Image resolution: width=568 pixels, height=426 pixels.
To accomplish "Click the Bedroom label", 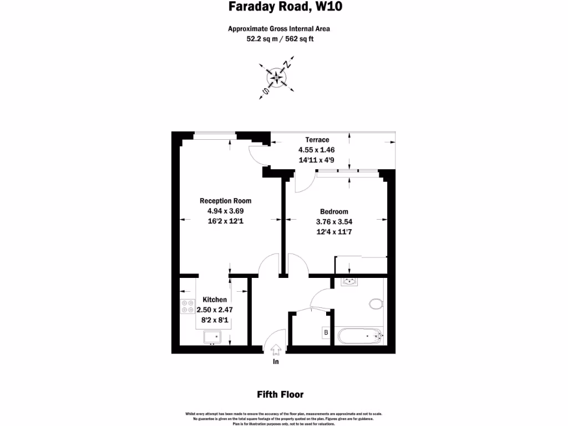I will (x=334, y=211).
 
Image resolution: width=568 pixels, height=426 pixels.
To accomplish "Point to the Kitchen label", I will (x=215, y=300).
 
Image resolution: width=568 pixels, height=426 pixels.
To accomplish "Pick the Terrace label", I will (x=317, y=140).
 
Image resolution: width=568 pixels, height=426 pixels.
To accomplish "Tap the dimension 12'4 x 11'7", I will (x=334, y=232).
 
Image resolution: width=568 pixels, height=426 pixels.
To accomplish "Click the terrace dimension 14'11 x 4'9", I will (x=317, y=160).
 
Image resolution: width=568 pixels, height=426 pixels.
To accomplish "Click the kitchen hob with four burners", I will (x=187, y=306).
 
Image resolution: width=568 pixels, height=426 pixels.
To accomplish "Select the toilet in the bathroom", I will (x=377, y=304).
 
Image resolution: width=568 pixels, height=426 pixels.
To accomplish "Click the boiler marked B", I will (x=326, y=333).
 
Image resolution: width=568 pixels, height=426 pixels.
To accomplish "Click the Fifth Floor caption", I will (x=280, y=395).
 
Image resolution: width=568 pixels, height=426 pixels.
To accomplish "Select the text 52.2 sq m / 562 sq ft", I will (x=283, y=39).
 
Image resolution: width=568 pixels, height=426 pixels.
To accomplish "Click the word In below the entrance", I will (x=276, y=362).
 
